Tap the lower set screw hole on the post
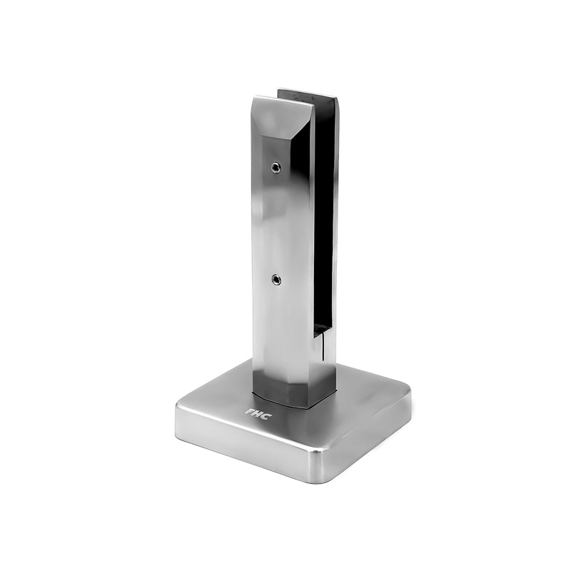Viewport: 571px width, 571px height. coord(275,280)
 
